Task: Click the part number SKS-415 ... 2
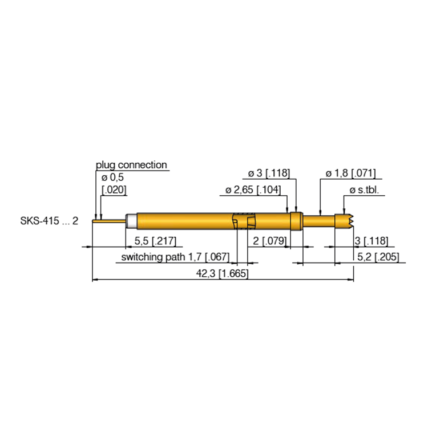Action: (x=49, y=220)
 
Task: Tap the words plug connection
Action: (x=131, y=165)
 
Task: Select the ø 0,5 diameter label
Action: (x=112, y=177)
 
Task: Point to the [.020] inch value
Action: (x=114, y=189)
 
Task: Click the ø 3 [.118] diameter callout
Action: (x=269, y=173)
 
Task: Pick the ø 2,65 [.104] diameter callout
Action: (x=253, y=189)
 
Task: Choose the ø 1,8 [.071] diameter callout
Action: (x=351, y=173)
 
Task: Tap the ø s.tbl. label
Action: (x=365, y=190)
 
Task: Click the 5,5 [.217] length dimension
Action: (x=155, y=241)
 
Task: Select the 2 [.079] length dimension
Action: (x=270, y=241)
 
